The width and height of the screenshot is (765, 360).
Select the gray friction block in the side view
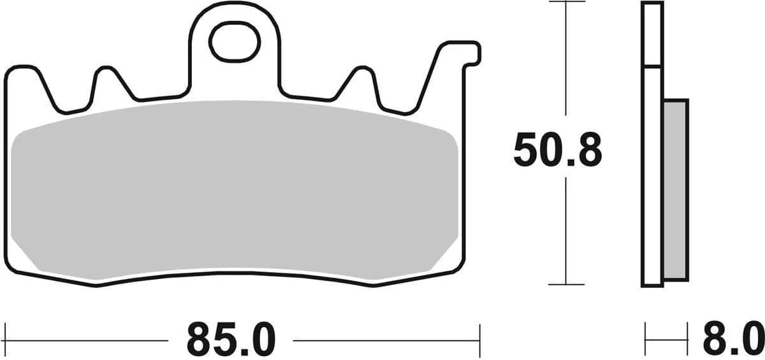click(675, 189)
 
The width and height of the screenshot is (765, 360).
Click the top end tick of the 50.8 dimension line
click(566, 2)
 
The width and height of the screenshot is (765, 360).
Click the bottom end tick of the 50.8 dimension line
click(566, 284)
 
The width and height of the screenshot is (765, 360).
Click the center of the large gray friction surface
click(235, 191)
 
